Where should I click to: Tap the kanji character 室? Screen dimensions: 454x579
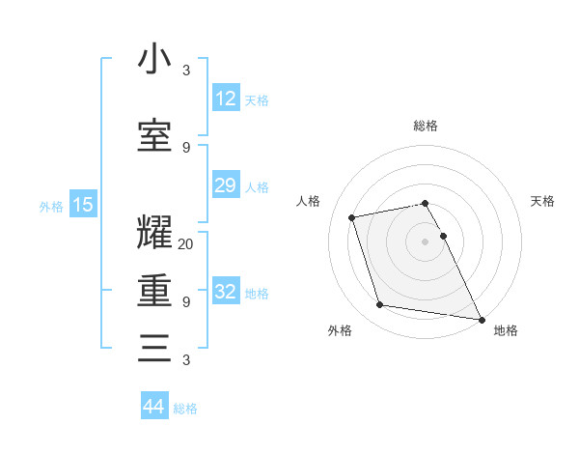[154, 136]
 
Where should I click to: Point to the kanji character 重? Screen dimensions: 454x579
[154, 291]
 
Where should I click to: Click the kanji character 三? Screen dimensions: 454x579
[154, 349]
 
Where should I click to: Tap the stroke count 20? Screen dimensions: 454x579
[186, 243]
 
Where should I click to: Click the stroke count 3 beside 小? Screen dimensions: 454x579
[186, 70]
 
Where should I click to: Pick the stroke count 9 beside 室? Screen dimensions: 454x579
[186, 147]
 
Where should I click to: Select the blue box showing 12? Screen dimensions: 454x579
[225, 99]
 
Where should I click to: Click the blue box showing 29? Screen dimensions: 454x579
[225, 185]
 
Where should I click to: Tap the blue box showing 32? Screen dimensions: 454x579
[225, 292]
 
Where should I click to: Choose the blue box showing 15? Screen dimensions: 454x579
[82, 205]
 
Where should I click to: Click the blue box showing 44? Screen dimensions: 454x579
[153, 407]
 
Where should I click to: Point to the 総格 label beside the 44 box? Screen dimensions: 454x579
[185, 409]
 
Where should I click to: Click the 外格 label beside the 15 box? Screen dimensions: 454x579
[51, 206]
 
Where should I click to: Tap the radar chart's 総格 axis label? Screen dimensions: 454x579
[425, 126]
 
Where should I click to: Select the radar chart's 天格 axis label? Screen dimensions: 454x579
[542, 201]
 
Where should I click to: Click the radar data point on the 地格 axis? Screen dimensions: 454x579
[481, 319]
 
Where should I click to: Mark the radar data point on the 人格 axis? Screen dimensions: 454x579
[352, 216]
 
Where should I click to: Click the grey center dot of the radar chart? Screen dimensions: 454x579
[425, 241]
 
